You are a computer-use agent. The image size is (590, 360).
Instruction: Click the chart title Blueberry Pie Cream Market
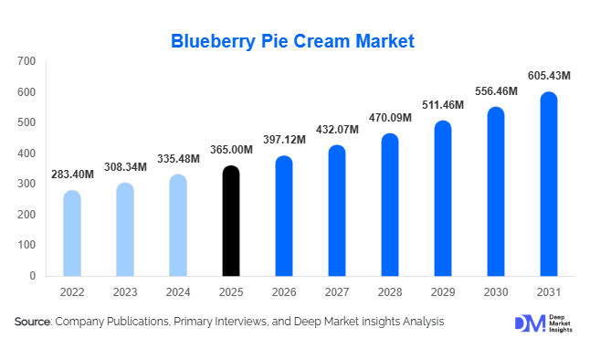(x=293, y=41)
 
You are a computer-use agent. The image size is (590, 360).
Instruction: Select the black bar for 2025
(x=231, y=221)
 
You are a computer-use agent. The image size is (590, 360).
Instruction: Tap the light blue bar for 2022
(x=72, y=233)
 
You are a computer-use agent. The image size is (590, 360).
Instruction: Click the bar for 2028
(x=390, y=205)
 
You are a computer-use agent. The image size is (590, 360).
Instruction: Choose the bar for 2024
(x=178, y=225)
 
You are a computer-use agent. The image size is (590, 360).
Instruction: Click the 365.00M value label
(x=231, y=150)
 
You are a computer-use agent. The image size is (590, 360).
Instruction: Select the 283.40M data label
(x=72, y=174)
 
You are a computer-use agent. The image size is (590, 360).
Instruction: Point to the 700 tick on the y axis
(x=26, y=61)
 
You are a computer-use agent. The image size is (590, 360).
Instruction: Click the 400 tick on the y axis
(x=26, y=154)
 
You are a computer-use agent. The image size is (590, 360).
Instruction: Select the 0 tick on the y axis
(x=32, y=275)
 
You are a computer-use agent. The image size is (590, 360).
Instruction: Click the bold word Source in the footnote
(x=33, y=322)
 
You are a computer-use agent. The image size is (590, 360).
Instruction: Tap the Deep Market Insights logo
(x=540, y=323)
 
